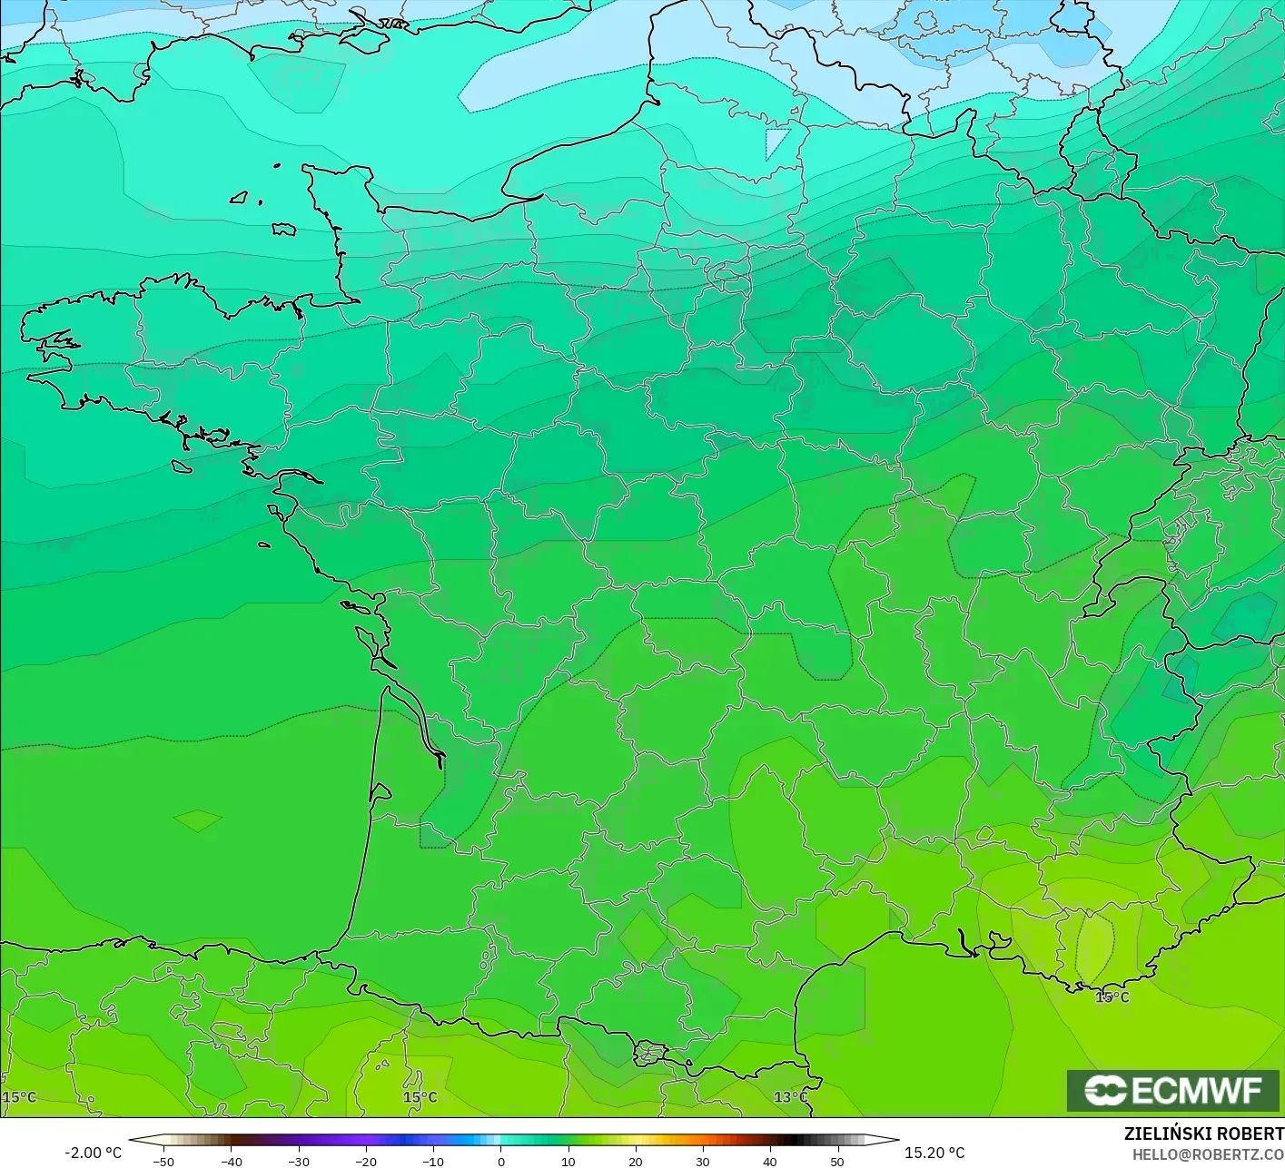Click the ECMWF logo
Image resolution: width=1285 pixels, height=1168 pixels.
point(1173,1090)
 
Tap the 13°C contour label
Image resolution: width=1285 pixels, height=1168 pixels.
point(790,1097)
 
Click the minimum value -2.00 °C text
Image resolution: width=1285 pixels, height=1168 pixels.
point(93,1153)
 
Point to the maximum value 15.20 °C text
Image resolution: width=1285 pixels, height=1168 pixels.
point(934,1153)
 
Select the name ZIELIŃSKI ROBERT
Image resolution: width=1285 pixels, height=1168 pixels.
point(1203,1134)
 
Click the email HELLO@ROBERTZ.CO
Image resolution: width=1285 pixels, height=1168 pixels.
point(1208,1153)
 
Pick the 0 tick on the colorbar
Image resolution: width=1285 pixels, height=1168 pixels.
point(501,1161)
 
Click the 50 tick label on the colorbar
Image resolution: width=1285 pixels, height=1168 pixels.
point(836,1161)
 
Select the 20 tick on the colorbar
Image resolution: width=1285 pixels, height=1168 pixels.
point(635,1161)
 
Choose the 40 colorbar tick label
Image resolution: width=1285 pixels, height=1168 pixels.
point(769,1161)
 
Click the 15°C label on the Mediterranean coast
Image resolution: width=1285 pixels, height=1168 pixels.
point(1112,997)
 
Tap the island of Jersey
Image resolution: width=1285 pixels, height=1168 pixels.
point(284,230)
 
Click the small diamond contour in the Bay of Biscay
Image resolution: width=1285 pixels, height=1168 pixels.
point(198,820)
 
